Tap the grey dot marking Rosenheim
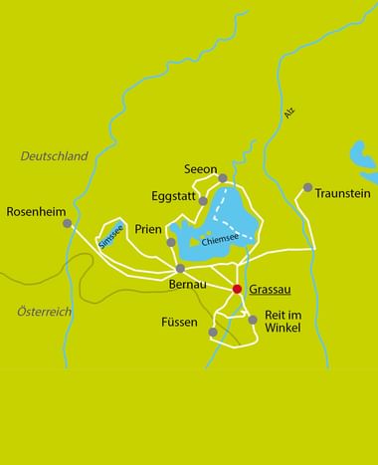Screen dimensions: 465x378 (68, 224)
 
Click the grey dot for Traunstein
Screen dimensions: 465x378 (308, 187)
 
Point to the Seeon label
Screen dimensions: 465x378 (201, 169)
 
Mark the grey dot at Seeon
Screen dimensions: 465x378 (224, 179)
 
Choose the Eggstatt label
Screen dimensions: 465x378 (173, 196)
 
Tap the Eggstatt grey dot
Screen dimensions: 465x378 (203, 201)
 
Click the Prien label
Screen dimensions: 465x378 (147, 227)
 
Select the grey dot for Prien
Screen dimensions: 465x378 (171, 242)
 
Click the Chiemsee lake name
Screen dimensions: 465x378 (220, 240)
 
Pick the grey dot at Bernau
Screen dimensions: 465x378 (180, 268)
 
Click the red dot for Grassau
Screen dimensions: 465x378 (237, 290)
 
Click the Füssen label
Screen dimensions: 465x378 (180, 324)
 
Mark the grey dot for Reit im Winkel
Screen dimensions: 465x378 (253, 320)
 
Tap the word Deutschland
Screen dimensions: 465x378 (55, 156)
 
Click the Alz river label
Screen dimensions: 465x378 (289, 114)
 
